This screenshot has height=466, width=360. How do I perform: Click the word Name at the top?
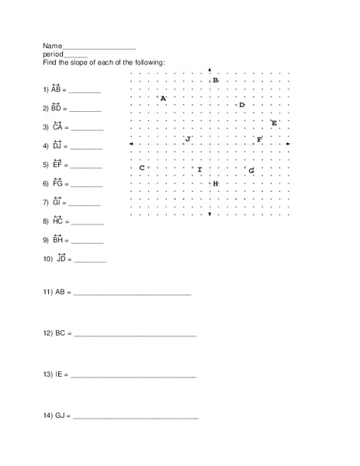pos(52,47)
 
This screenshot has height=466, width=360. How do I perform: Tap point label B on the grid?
pos(216,81)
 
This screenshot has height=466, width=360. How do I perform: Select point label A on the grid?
pos(163,99)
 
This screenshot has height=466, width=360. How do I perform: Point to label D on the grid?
pos(241,105)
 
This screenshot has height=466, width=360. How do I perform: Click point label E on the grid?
pos(274,123)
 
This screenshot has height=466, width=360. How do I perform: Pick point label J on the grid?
pos(188,139)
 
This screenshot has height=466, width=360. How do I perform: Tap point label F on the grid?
pos(259,140)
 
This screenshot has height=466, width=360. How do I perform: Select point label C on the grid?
pos(142,168)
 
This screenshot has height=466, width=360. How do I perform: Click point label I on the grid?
pos(199,169)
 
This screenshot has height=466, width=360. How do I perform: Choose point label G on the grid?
pos(251,169)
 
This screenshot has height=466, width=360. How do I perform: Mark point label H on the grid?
pos(215,183)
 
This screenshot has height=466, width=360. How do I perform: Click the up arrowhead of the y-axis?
pos(209,70)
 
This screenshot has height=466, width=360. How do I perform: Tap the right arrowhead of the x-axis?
pos(289,144)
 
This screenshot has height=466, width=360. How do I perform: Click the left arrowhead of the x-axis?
pos(130,144)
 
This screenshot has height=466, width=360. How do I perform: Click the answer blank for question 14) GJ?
pos(135,418)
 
